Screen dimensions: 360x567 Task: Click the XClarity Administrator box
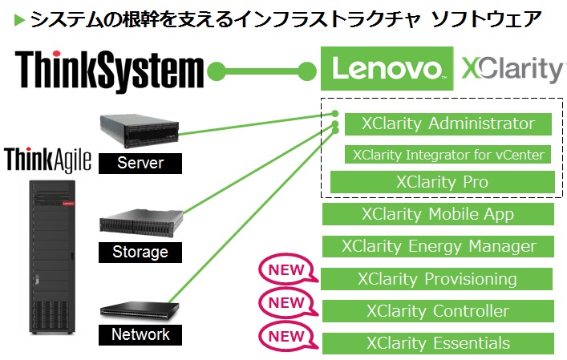448,124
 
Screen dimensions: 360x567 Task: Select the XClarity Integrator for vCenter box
448,154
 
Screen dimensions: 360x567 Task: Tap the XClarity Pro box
442,182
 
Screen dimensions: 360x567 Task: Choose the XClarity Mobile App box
438,214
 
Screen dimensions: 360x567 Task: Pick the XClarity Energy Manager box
438,246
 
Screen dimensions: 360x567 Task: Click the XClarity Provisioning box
438,279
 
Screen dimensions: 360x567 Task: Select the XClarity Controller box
438,311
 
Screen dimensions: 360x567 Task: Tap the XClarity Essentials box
438,343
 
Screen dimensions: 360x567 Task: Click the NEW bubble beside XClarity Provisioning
286,271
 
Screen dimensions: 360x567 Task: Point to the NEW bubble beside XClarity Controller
286,303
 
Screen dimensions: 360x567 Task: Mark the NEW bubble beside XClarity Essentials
286,335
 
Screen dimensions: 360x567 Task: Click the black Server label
140,164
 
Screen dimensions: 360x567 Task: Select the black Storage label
140,252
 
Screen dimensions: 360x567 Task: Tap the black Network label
140,334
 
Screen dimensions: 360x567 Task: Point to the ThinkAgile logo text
47,159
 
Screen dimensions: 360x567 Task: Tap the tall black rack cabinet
52,257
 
